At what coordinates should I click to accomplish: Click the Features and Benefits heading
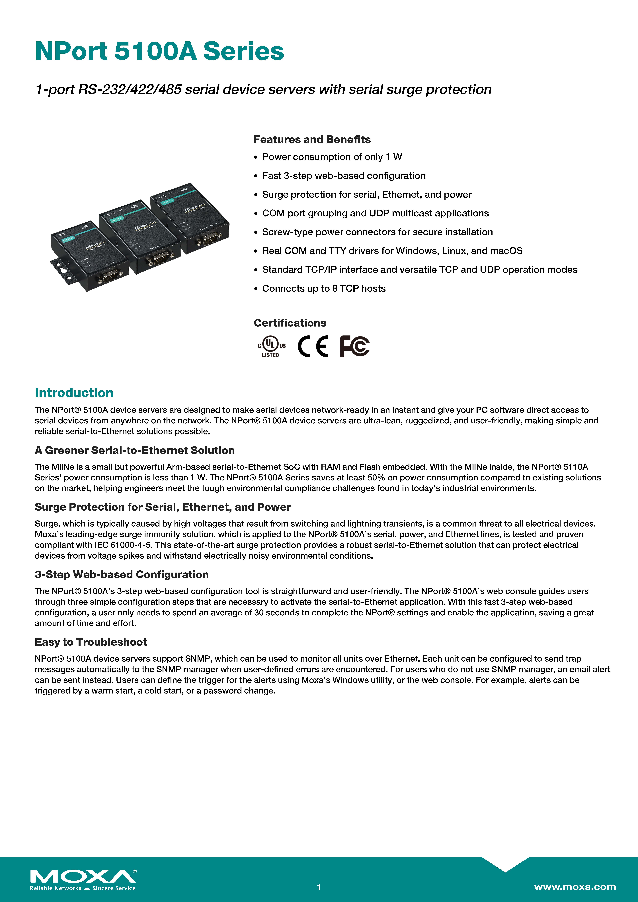click(x=312, y=139)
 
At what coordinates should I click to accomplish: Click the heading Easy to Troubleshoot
click(x=91, y=642)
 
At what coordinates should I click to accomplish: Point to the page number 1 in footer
click(x=319, y=887)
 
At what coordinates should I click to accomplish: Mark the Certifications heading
click(x=290, y=323)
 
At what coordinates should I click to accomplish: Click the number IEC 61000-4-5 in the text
click(x=123, y=545)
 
